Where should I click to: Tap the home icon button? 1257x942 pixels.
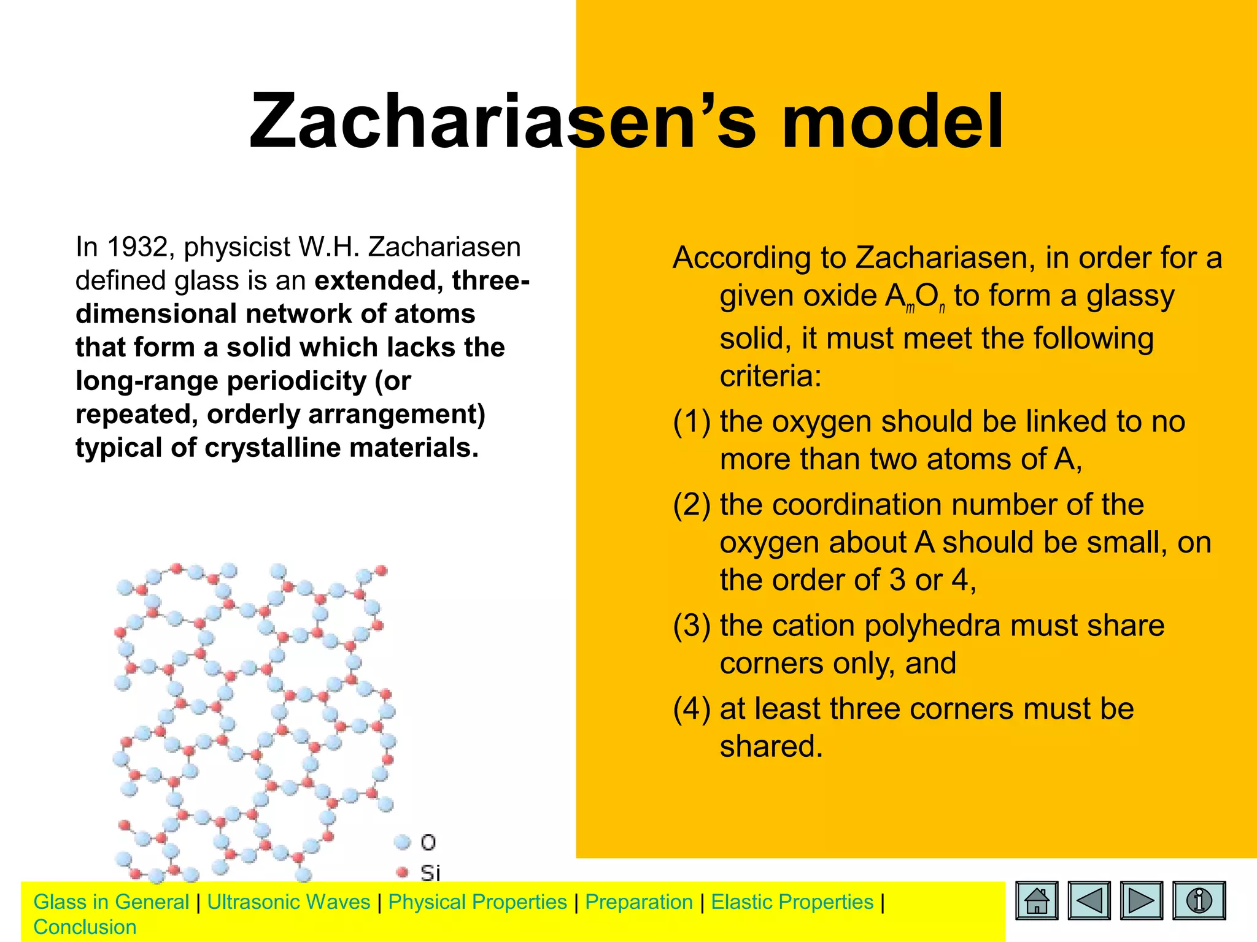(x=1037, y=900)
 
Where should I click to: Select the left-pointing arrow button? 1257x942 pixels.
(x=1089, y=900)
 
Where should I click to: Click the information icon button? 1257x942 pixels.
(x=1199, y=900)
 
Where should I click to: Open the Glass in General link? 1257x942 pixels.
(x=111, y=902)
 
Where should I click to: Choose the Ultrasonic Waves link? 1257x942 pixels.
(x=288, y=902)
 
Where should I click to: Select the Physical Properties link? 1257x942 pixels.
(x=478, y=902)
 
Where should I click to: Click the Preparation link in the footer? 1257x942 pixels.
(x=638, y=902)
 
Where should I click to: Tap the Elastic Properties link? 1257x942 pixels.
(x=792, y=902)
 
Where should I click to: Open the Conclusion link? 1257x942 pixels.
(x=85, y=927)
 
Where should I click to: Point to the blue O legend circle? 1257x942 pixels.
(x=403, y=842)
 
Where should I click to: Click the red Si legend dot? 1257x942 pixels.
(x=403, y=871)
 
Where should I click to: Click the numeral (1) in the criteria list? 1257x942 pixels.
(x=691, y=422)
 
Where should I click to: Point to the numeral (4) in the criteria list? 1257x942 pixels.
(x=691, y=709)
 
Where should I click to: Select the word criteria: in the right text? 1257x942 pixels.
(x=770, y=376)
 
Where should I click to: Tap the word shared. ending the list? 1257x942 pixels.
(x=770, y=747)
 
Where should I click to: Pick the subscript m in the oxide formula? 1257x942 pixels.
(x=910, y=308)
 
